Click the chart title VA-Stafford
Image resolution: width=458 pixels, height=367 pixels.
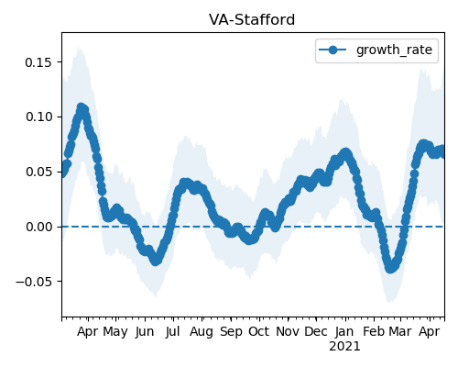[252, 20]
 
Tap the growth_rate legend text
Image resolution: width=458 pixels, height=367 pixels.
[394, 50]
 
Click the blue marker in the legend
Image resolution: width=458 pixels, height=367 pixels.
[333, 50]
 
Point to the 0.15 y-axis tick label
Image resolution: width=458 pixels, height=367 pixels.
[38, 62]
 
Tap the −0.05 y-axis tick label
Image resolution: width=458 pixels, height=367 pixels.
[33, 282]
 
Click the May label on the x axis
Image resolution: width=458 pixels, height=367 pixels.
[115, 332]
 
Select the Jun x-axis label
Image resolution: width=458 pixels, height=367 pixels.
[145, 332]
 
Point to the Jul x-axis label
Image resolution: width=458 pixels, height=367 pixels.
[172, 332]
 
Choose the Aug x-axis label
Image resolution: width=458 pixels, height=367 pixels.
[202, 332]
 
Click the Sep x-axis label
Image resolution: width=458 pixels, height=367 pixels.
[231, 332]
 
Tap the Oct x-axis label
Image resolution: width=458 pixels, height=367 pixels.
[258, 332]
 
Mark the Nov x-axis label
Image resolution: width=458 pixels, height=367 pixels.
[288, 332]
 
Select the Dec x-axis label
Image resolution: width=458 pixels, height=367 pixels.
[316, 332]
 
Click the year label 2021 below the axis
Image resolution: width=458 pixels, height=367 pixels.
[344, 347]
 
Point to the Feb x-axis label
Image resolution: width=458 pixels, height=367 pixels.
[374, 332]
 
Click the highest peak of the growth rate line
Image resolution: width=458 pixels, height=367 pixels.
[82, 107]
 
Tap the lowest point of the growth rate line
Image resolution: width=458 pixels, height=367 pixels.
[390, 269]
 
